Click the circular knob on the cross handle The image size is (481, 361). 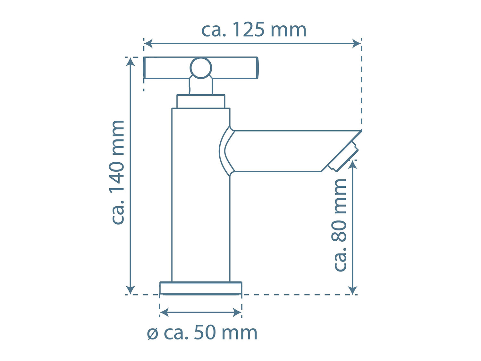(201, 68)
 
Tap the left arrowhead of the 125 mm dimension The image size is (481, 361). (148, 44)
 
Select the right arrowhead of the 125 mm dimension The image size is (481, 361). (356, 43)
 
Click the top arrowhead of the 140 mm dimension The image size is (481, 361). (131, 62)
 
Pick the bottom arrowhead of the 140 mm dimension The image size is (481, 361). (131, 290)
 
